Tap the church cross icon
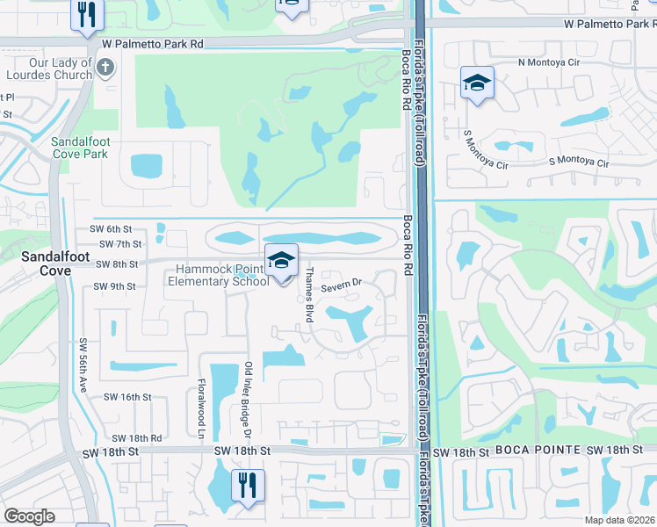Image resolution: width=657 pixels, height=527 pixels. coord(105,67)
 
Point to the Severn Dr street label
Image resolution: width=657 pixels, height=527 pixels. coord(342,285)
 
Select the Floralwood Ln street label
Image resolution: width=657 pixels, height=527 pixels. coord(201,408)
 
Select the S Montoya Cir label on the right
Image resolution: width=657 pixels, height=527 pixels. coord(584,162)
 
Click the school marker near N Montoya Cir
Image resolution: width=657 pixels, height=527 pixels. coord(477,83)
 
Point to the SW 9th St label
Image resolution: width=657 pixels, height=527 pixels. coord(114,286)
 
